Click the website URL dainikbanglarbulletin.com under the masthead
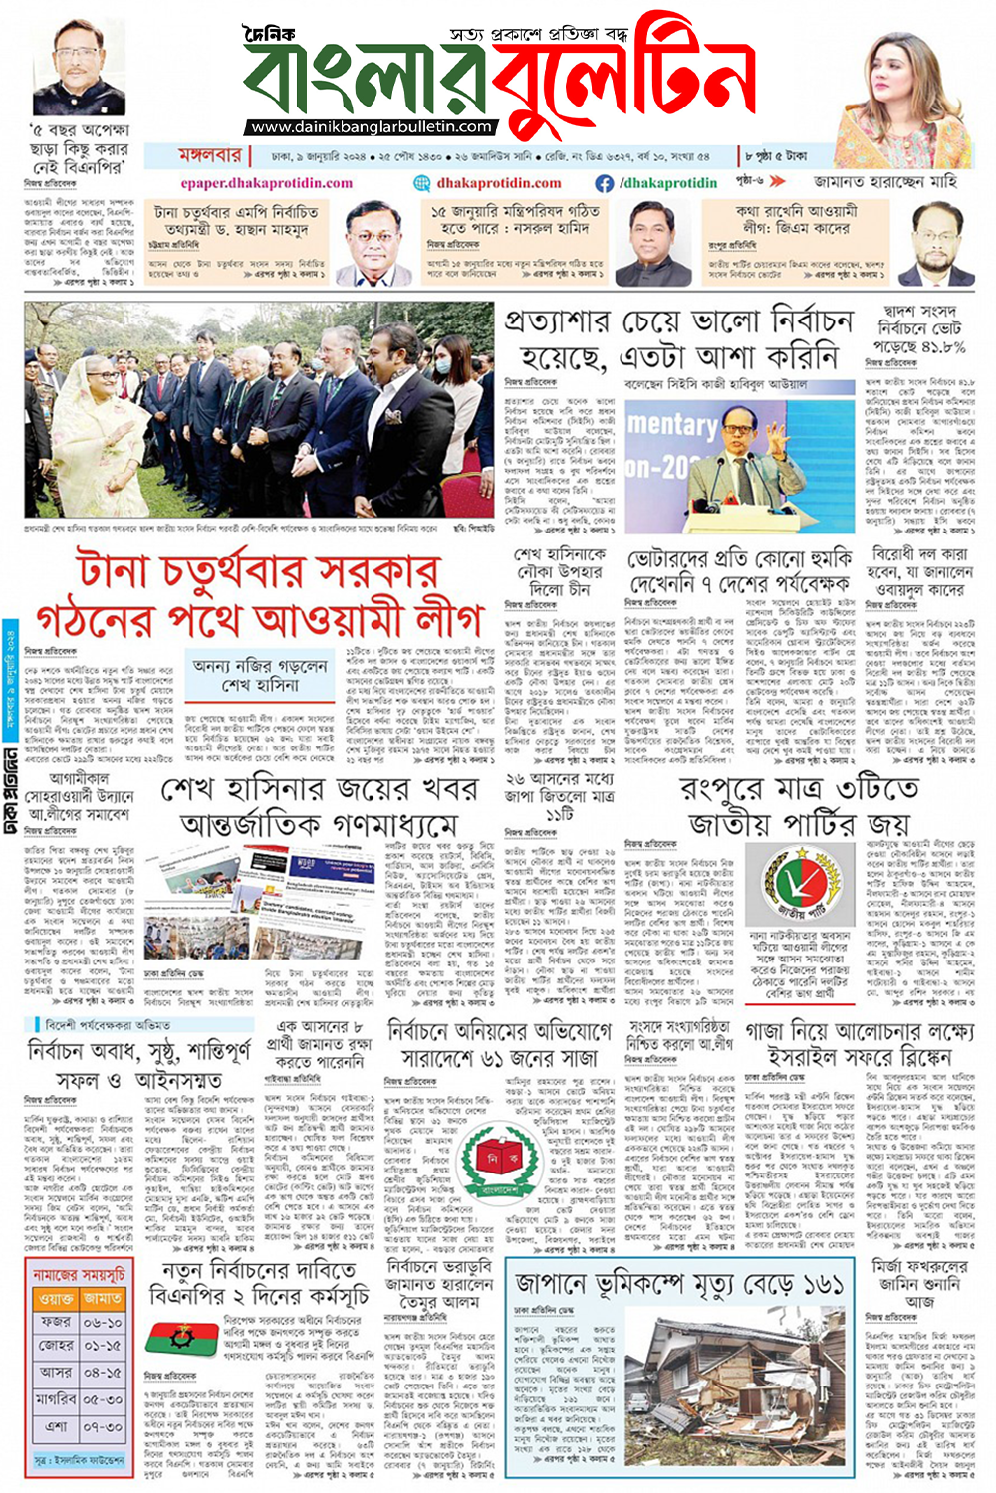[371, 127]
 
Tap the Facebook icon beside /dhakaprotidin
[604, 183]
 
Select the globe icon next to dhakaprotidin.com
[422, 183]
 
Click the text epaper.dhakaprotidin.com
[266, 183]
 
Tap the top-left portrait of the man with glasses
[77, 68]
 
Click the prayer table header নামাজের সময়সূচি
[79, 1274]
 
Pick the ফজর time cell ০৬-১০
[102, 1323]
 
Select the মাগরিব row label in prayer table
[55, 1398]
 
